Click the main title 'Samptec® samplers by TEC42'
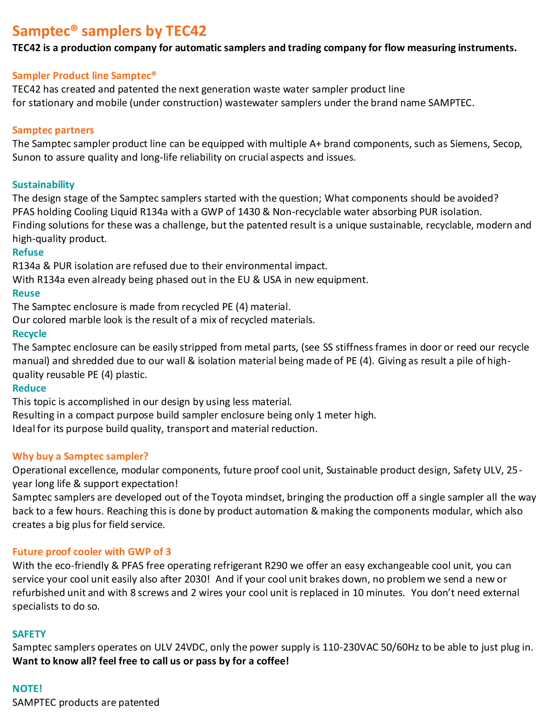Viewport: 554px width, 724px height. [x=109, y=31]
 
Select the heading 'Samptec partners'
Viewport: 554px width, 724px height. [x=53, y=130]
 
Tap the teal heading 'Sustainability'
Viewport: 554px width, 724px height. [x=43, y=184]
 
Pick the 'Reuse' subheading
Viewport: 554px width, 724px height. [x=26, y=293]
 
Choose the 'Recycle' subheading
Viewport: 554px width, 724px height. [x=29, y=334]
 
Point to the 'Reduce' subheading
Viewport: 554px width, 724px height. [x=29, y=388]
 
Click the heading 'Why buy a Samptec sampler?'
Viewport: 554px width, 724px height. [x=80, y=456]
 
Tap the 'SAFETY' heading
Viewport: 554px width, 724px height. [x=29, y=634]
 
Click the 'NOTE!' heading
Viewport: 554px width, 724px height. [x=27, y=688]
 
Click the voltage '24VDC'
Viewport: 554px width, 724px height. [x=190, y=647]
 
